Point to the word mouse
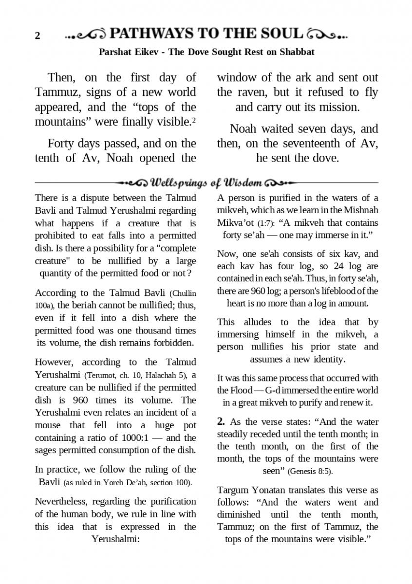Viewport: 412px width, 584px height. [48, 425]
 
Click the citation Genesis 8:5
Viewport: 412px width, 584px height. [311, 472]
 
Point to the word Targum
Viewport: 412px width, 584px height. [232, 490]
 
